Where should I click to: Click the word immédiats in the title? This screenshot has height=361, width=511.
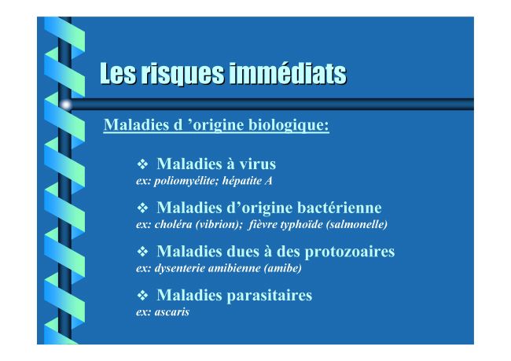click(288, 73)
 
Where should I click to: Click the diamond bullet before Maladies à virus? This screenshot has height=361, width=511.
click(143, 164)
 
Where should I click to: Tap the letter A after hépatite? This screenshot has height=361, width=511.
click(268, 181)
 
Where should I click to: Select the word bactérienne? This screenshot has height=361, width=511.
click(339, 208)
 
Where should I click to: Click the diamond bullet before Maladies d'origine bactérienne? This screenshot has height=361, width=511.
click(143, 208)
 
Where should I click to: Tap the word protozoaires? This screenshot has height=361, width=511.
click(350, 252)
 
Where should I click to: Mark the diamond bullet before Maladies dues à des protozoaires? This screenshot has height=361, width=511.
click(143, 252)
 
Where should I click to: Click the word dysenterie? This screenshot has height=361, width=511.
click(179, 268)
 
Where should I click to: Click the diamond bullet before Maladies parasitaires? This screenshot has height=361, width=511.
click(143, 295)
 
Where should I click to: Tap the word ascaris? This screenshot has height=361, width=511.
click(171, 312)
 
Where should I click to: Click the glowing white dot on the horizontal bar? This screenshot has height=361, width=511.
click(66, 105)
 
